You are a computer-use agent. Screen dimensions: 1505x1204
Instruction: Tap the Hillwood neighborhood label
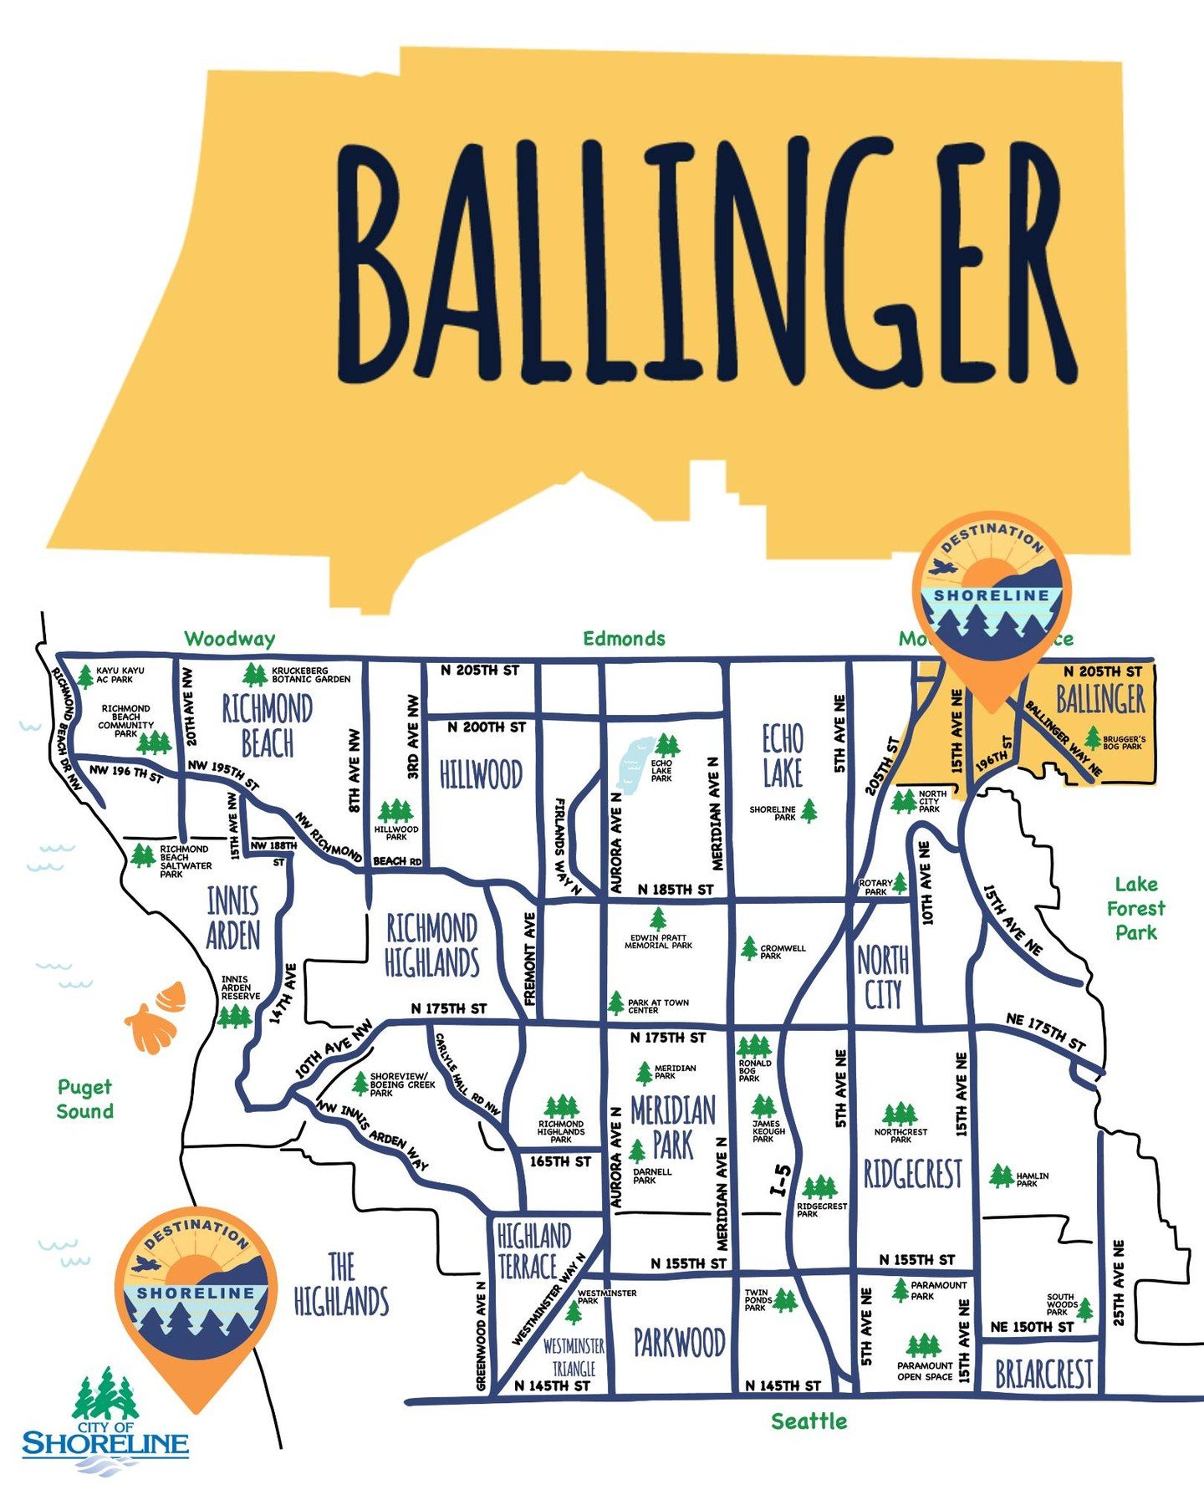tap(481, 774)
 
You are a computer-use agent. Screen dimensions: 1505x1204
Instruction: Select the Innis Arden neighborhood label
tap(233, 918)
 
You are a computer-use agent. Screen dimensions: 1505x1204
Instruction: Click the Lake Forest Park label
tap(1135, 908)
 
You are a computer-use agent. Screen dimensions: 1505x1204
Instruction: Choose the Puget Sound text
tap(84, 1099)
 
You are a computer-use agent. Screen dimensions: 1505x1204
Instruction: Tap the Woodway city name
tap(229, 640)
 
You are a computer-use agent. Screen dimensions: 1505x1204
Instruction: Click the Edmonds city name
tap(624, 639)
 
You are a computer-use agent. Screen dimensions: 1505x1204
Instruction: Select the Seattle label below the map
tap(809, 1421)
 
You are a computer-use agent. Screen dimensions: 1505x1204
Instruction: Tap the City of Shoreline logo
tap(105, 1419)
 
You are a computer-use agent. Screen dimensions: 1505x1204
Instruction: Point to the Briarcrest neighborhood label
tap(1043, 1374)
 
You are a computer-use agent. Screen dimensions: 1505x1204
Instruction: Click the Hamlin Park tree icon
tap(1000, 1176)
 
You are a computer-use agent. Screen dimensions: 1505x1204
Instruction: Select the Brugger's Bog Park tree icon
tap(1092, 737)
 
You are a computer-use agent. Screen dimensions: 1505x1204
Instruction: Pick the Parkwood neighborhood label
tap(679, 1343)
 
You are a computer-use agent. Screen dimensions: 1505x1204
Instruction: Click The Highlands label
tap(341, 1284)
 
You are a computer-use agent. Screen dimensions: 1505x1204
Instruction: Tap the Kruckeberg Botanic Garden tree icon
tap(255, 674)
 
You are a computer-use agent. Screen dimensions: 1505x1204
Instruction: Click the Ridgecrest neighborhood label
tap(912, 1175)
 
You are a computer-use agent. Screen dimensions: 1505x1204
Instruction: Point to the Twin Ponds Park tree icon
tap(785, 1300)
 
